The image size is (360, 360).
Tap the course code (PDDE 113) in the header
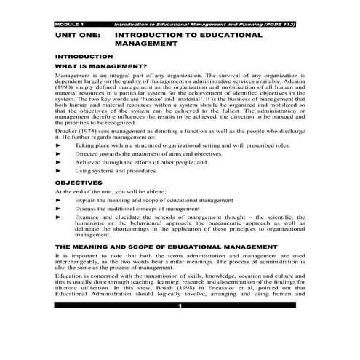(282, 24)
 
